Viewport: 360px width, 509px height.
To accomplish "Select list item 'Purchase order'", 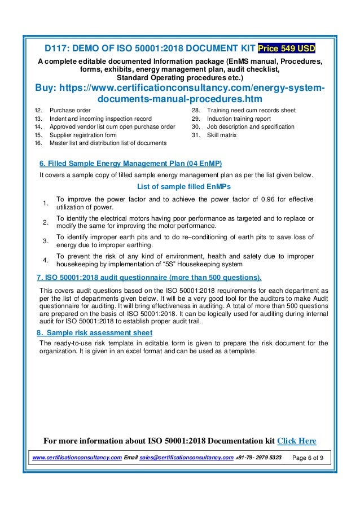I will tap(71, 110).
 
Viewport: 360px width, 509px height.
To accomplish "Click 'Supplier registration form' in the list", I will tap(84, 135).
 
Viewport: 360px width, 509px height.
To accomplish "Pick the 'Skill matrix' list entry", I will tap(222, 135).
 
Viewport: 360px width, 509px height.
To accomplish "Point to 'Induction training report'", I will tap(239, 119).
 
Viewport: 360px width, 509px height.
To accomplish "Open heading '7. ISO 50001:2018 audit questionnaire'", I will tap(149, 278).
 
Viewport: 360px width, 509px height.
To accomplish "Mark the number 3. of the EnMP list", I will tap(45, 241).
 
